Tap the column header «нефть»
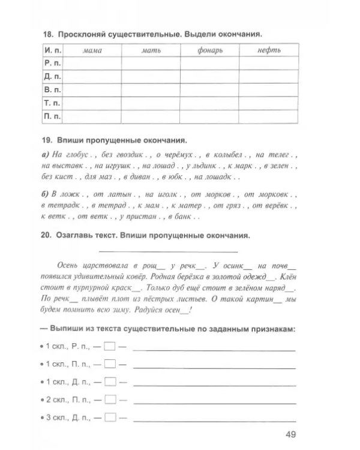[268, 50]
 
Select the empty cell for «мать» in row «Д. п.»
[150, 76]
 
